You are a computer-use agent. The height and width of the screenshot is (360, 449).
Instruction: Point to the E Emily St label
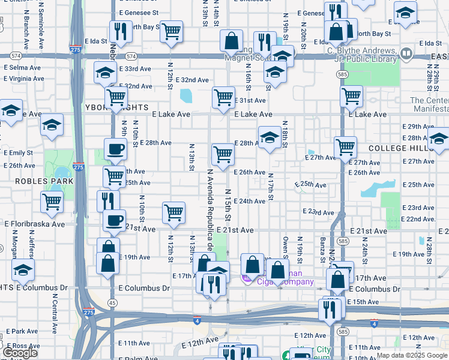click(21, 153)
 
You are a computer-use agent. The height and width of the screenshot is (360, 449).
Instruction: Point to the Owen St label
click(286, 248)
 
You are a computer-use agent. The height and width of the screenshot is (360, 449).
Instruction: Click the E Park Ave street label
click(22, 331)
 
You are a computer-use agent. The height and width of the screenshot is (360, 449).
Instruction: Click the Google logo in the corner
click(20, 353)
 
